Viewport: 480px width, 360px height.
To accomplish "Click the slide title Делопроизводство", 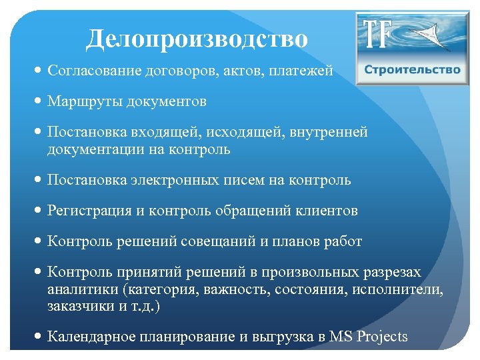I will tap(197, 39).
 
